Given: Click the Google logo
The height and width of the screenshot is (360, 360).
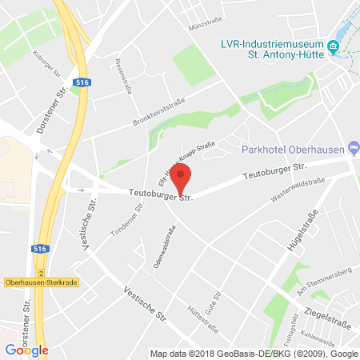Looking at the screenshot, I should pos(26,350).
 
